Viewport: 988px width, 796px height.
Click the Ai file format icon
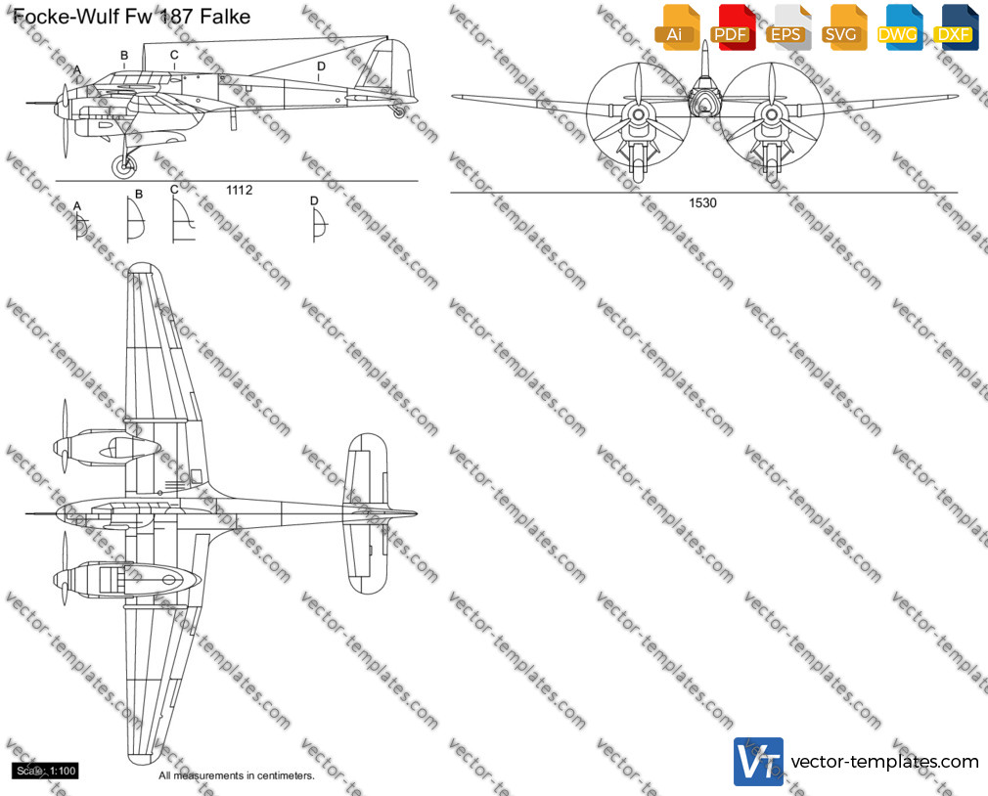[676, 26]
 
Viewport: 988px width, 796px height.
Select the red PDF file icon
[732, 26]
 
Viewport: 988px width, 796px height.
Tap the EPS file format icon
[787, 26]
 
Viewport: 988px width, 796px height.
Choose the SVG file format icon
[843, 26]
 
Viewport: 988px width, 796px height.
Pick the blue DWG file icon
[899, 26]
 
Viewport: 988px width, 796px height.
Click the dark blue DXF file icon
[956, 26]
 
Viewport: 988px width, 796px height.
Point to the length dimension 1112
[240, 190]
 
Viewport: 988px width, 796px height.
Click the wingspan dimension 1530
[702, 202]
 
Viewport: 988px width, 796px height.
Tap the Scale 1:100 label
[46, 771]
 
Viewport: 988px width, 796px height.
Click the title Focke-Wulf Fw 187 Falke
[132, 17]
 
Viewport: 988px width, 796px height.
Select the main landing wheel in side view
[124, 166]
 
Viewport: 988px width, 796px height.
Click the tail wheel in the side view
[399, 111]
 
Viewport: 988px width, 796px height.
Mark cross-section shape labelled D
[320, 225]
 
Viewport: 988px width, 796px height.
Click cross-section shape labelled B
[135, 220]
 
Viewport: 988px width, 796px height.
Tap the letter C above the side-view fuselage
[174, 56]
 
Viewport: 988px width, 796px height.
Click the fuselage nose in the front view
[703, 102]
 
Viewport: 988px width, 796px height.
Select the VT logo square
[759, 762]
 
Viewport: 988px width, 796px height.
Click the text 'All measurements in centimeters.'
[237, 775]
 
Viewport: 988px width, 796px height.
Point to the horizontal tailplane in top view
[366, 513]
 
